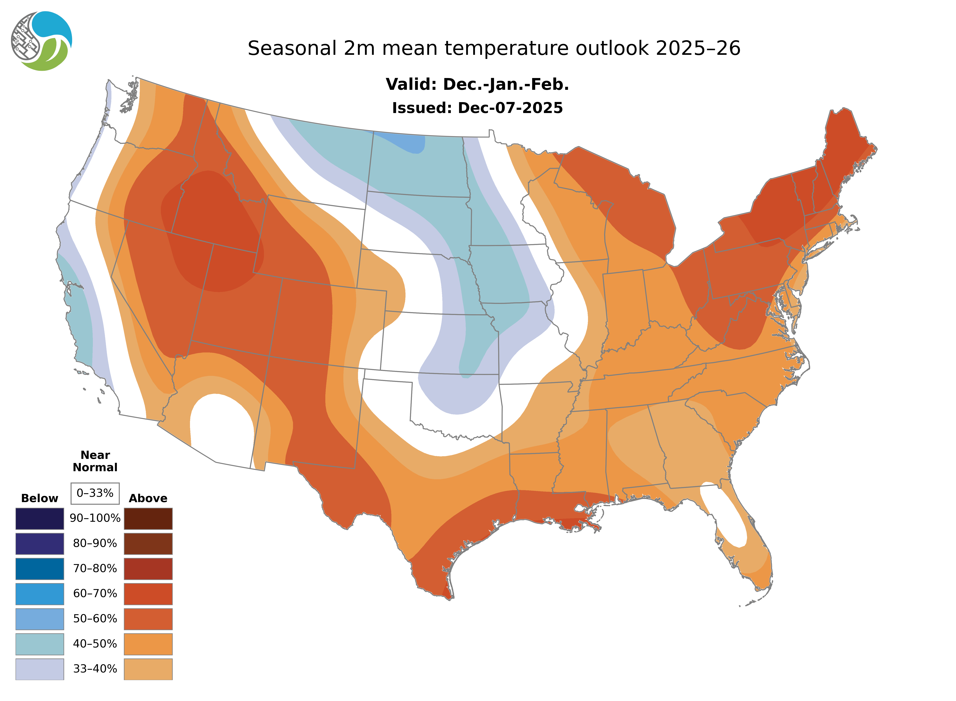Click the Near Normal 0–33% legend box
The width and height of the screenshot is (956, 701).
tap(95, 493)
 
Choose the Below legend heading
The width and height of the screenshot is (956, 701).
tap(39, 498)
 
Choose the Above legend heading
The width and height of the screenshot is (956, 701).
tap(148, 498)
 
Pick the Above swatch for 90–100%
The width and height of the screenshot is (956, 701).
tap(148, 519)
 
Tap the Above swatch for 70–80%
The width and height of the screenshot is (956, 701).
tap(148, 569)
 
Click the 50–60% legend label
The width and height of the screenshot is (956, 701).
tap(95, 619)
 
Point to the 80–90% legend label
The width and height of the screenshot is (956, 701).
tap(95, 544)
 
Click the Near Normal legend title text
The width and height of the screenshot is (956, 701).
tap(95, 461)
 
